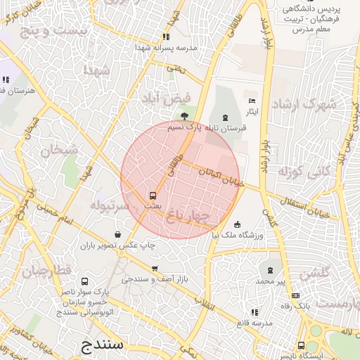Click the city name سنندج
103,345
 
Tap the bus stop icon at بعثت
153,195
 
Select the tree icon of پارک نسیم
184,116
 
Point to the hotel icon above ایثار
252,102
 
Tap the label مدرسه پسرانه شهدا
165,48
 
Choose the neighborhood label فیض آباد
162,97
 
